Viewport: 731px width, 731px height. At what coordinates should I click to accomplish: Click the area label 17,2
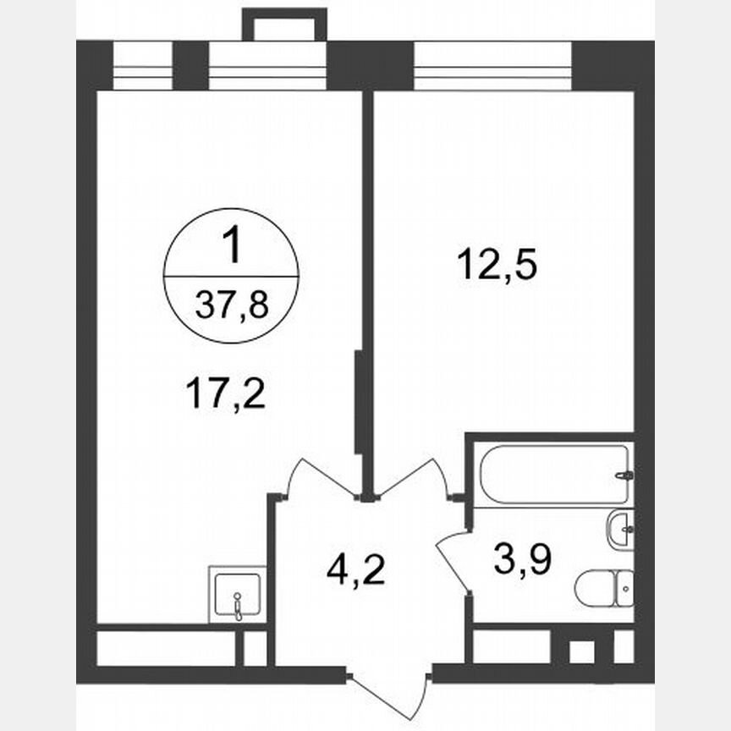224,393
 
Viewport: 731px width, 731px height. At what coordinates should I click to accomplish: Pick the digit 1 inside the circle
230,250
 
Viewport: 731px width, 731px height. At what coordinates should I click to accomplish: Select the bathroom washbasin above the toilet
620,530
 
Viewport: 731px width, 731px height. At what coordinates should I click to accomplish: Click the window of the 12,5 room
492,65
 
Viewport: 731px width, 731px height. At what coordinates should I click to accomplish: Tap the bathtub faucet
624,475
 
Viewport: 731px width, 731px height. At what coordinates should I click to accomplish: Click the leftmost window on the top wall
142,65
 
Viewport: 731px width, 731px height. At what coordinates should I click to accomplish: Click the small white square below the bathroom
580,651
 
